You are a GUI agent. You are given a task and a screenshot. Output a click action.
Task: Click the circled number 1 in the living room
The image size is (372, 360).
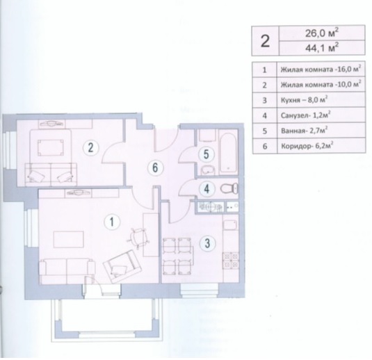(x=112, y=222)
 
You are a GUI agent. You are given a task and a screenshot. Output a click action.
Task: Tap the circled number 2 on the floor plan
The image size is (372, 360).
(x=90, y=148)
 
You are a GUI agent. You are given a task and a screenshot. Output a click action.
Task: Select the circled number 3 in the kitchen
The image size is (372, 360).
(x=207, y=243)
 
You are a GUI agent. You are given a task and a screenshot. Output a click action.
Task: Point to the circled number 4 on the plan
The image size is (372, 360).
(x=207, y=189)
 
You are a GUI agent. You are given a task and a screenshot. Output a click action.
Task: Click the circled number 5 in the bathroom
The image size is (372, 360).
(x=207, y=154)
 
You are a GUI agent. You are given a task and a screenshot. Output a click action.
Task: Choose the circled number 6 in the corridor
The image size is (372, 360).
(x=155, y=167)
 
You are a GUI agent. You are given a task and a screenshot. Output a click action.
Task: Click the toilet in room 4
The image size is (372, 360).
(x=229, y=189)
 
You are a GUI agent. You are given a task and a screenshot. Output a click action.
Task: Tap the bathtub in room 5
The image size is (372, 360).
(x=228, y=153)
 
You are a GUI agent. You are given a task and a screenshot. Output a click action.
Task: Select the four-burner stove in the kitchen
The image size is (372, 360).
(x=230, y=261)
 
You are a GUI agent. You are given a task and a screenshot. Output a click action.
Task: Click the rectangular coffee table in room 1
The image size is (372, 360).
(x=69, y=239)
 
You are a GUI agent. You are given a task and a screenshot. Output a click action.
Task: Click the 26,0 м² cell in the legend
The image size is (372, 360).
(x=322, y=33)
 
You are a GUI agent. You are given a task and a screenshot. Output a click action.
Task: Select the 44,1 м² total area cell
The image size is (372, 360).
(x=322, y=48)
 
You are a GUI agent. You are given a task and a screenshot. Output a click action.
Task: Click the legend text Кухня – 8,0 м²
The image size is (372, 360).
(x=304, y=99)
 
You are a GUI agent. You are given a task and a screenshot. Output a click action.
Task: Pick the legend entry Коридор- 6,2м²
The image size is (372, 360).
(x=306, y=146)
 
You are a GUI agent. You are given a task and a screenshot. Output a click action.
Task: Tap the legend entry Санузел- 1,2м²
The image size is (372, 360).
(x=306, y=115)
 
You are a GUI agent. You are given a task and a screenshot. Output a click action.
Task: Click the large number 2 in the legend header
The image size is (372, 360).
(x=265, y=41)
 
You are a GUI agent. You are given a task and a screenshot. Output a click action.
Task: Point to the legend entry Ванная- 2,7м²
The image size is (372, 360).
(x=305, y=131)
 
